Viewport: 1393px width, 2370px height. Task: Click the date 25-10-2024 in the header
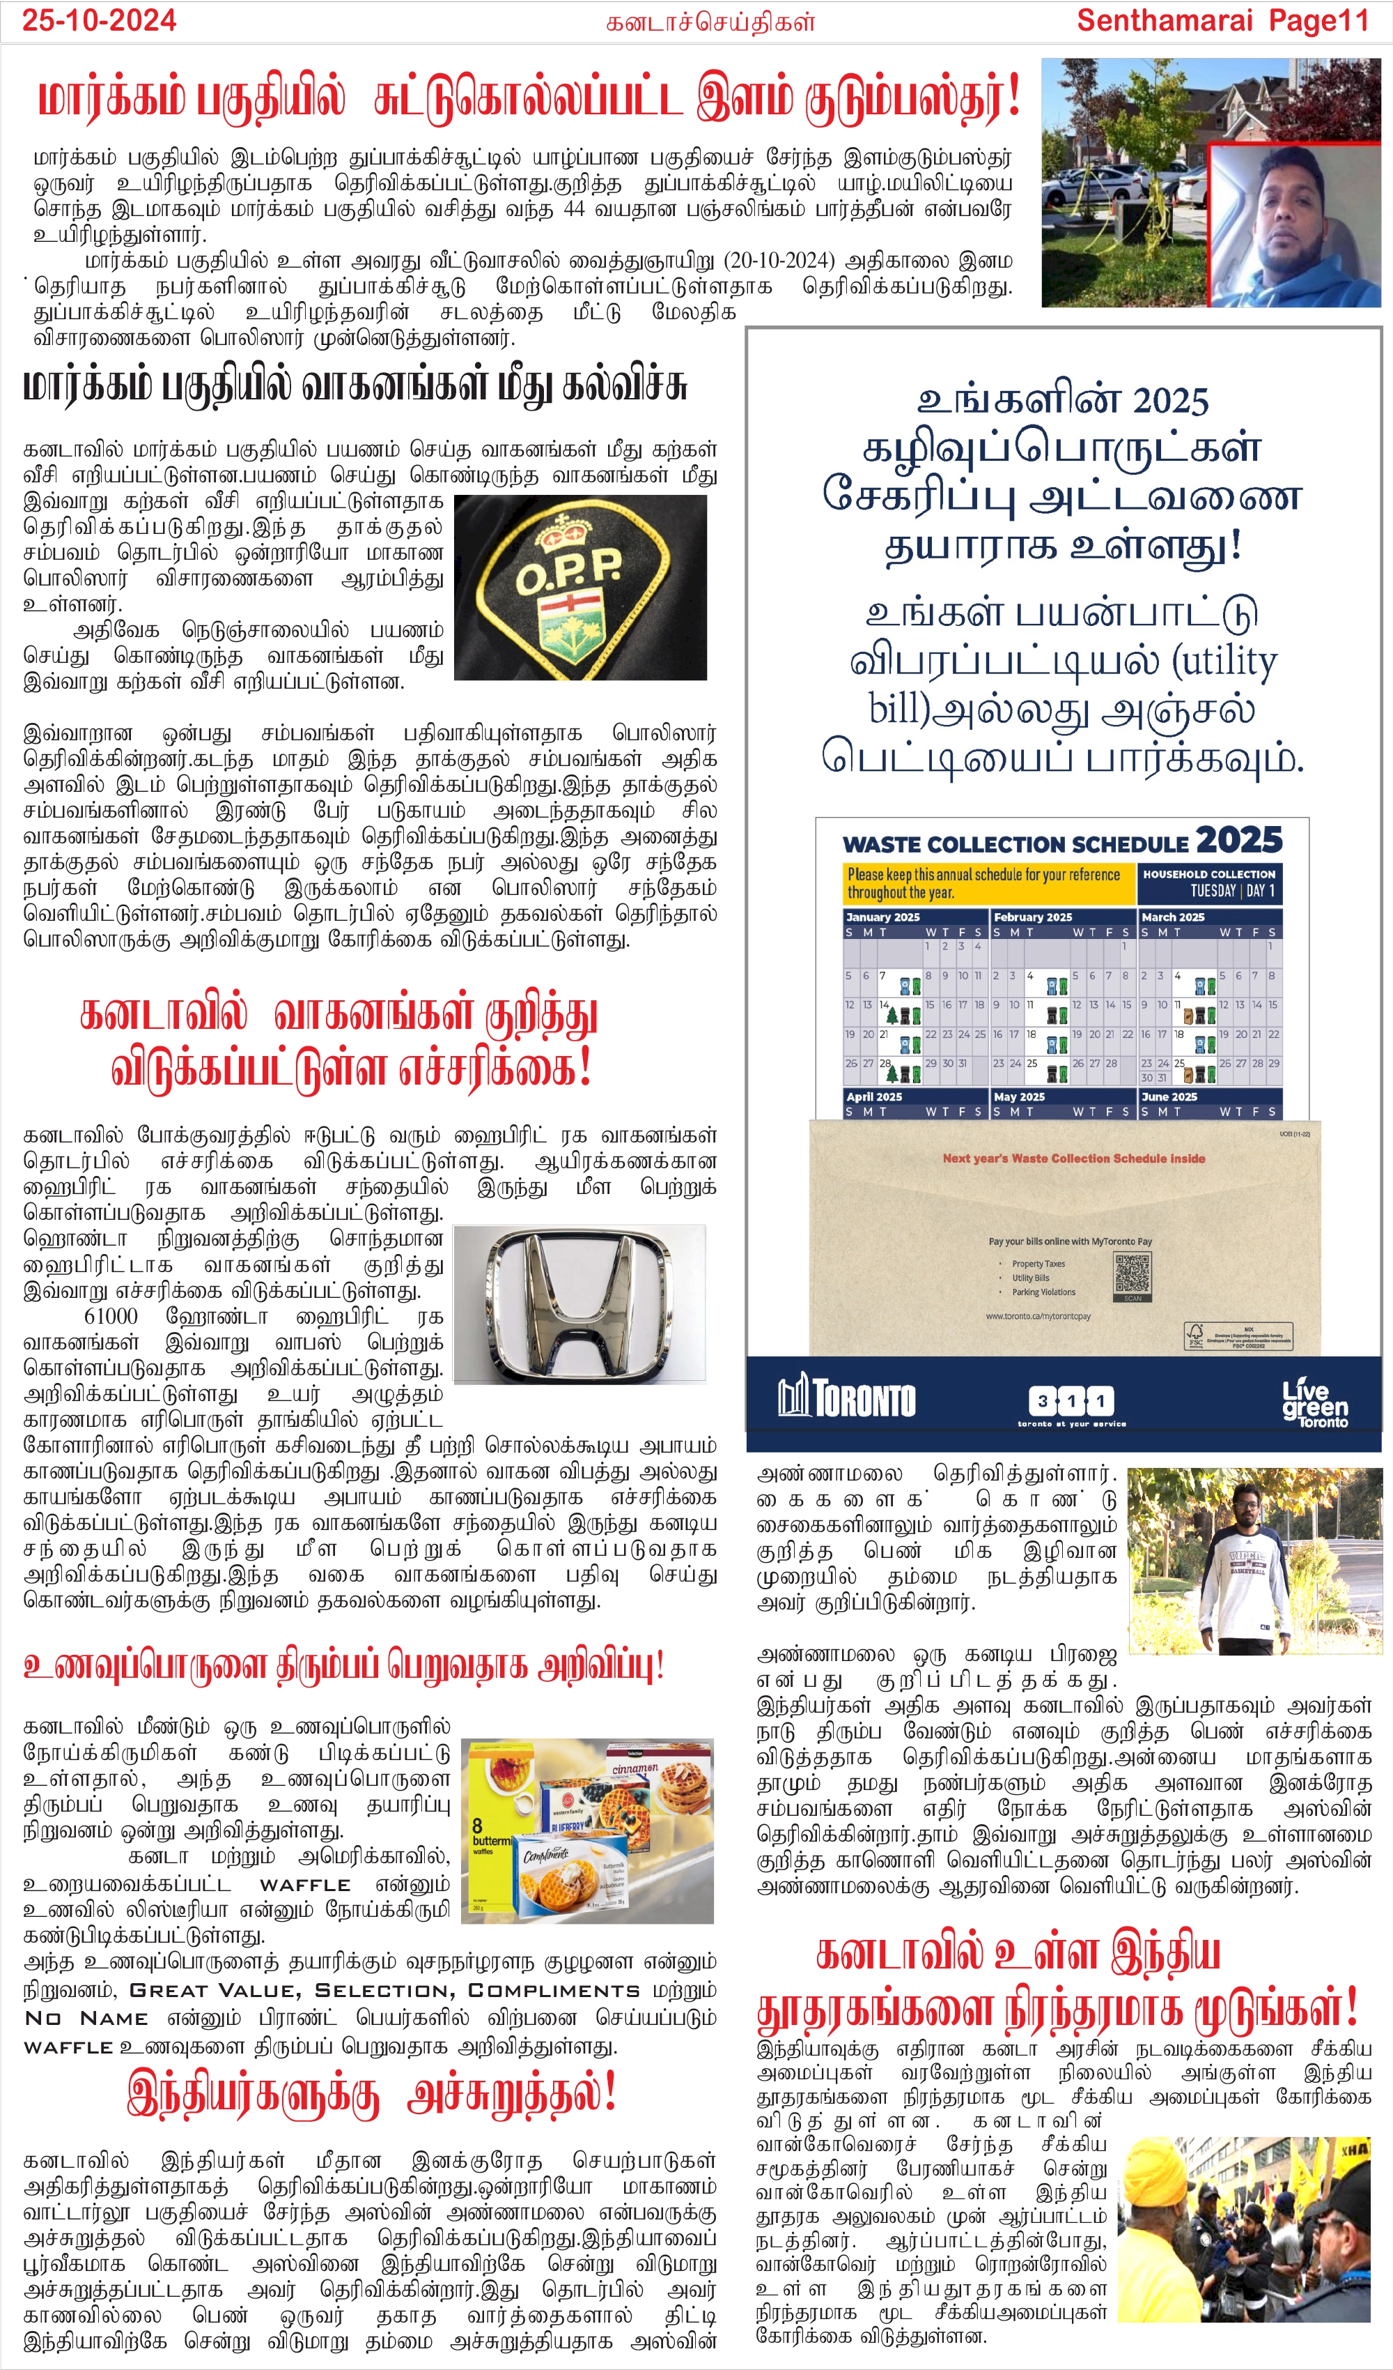point(99,21)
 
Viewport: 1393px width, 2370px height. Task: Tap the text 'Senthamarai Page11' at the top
point(1222,21)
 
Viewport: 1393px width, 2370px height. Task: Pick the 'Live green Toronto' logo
point(1315,1403)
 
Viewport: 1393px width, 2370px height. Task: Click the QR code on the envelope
point(1133,1276)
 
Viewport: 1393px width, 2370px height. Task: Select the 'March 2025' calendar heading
point(1172,917)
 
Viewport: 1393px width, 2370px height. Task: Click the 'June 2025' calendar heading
point(1169,1096)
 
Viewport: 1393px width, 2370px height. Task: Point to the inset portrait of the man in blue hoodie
point(1293,226)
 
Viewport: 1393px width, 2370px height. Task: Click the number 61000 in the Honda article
point(111,1316)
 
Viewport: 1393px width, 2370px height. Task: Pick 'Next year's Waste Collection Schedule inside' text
point(1073,1159)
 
